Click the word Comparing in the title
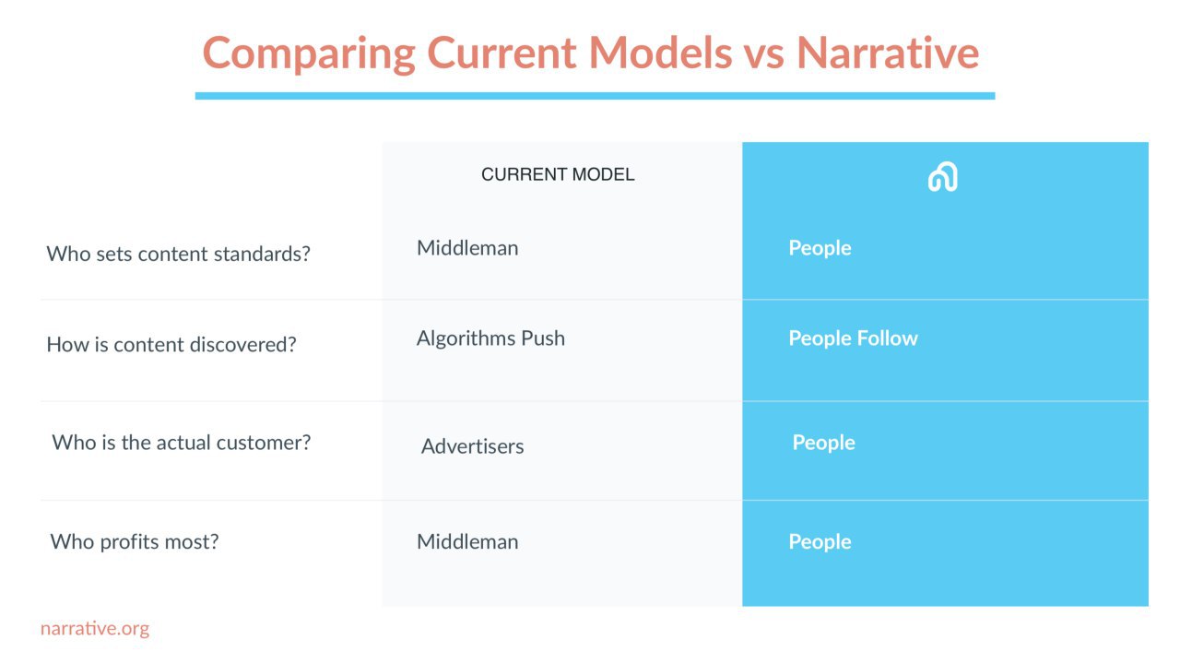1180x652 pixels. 309,54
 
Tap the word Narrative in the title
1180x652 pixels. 888,53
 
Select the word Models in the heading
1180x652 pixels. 660,53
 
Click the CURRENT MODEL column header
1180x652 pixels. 558,174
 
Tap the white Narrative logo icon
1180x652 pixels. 942,176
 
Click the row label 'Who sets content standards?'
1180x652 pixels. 178,254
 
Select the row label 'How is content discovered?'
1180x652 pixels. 171,345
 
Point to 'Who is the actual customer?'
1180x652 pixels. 182,443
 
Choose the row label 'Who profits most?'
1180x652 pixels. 135,542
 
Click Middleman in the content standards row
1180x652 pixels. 467,248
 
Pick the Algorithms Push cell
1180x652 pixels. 490,338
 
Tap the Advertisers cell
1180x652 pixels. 473,446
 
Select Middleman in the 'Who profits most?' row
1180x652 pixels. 467,542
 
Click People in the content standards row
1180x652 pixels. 820,248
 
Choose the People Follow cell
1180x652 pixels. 853,338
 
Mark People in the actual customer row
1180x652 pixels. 823,443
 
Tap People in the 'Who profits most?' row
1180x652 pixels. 820,542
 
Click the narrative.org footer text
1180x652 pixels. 95,628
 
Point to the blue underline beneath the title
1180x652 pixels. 595,96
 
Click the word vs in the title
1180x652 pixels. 764,55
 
